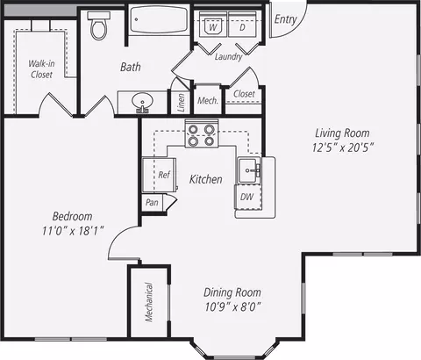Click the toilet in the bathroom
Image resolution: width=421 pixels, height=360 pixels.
coord(98,25)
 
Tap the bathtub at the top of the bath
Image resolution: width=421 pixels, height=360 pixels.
coord(159,19)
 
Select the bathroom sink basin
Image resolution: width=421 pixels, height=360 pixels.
coord(142,102)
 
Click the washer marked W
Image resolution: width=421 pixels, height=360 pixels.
coord(213,24)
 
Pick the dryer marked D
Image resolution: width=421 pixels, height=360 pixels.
coord(242,24)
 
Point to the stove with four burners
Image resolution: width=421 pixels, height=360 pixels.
coord(202,133)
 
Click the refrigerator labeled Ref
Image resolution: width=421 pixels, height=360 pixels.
coord(160,175)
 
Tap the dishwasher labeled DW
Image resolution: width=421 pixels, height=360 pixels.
coord(248,197)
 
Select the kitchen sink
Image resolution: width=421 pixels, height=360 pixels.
coord(248,170)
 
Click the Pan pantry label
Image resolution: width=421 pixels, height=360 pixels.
coord(152,202)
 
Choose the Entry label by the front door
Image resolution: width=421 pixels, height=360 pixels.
coord(286,19)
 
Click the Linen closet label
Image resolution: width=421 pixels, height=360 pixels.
coord(182,102)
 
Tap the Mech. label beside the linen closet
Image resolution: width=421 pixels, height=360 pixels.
coord(208,101)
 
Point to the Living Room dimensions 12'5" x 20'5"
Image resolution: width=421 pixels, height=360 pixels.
coord(343,148)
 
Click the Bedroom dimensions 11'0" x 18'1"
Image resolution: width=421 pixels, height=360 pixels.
coord(73,231)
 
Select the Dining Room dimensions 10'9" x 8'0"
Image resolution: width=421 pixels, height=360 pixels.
coord(232,307)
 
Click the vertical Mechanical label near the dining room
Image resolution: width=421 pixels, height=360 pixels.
coord(149,302)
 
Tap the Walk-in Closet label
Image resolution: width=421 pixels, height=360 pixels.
coord(41,68)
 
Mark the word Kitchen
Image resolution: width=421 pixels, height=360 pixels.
coord(206,179)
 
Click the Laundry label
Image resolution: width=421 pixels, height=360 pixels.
coord(229,56)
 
